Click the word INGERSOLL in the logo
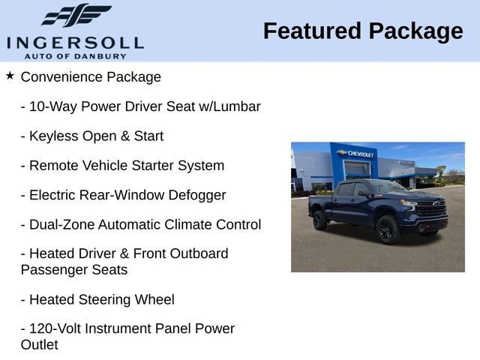(74, 40)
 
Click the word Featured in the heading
(310, 31)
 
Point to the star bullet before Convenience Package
(10, 76)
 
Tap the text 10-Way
(51, 106)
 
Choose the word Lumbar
(237, 106)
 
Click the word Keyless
(52, 136)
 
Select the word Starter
(154, 166)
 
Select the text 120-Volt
(55, 329)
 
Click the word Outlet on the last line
(39, 345)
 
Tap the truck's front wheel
(387, 228)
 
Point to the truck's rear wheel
(320, 220)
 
